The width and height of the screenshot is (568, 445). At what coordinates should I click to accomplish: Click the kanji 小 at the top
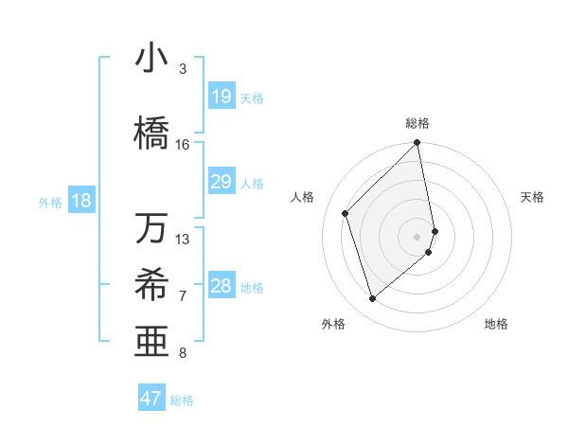pos(151,59)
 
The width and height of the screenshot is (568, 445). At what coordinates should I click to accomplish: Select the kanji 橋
pos(151,134)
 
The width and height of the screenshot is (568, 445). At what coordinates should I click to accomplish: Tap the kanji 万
pos(151,228)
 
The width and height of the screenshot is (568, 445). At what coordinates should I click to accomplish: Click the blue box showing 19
pos(221,97)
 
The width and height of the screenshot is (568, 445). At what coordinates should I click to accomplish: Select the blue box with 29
pos(221,182)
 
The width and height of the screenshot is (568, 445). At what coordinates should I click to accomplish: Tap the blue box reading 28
pos(221,286)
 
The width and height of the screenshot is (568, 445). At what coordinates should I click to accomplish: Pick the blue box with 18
pos(80,201)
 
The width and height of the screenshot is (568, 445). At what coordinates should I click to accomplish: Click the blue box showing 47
pos(151,399)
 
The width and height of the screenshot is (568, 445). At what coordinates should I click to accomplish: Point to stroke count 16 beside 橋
pos(183,145)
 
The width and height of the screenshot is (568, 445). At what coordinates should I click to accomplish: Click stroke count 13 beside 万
pos(183,240)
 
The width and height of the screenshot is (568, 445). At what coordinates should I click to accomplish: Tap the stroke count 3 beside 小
pos(183,69)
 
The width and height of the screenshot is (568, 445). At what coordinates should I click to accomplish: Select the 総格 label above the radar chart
pos(417,123)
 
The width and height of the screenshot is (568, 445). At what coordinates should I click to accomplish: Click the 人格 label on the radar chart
pos(303,197)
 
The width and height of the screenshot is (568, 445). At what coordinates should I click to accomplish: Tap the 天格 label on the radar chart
pos(533,197)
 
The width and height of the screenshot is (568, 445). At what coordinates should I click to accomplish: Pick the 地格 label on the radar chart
pos(496,325)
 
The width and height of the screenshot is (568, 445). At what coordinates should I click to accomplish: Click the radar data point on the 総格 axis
pos(417,144)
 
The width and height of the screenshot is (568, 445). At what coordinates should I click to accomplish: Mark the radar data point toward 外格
pos(373,299)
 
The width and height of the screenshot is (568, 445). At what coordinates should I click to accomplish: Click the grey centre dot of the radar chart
pos(417,236)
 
